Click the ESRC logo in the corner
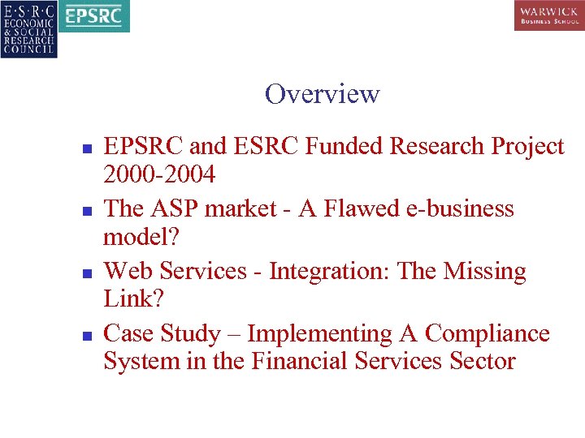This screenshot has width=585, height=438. [x=28, y=29]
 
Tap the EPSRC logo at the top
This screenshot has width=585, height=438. [x=95, y=16]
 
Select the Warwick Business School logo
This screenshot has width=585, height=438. [x=548, y=15]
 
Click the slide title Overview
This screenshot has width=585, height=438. [x=322, y=94]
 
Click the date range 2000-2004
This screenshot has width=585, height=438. [x=159, y=174]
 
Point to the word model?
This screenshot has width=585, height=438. [x=134, y=236]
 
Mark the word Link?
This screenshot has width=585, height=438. [x=133, y=298]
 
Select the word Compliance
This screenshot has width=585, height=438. [x=487, y=333]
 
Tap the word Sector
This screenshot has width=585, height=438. [x=482, y=361]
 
